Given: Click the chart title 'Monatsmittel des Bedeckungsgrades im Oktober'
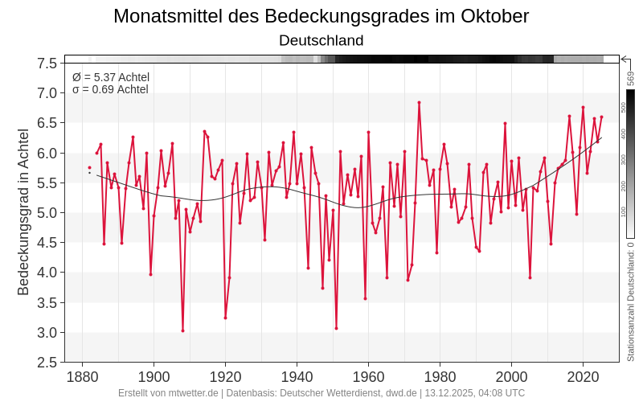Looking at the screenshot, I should (x=321, y=16).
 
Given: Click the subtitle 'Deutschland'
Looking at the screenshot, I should (x=321, y=40).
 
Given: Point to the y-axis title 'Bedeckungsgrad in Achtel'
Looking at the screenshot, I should (x=23, y=211).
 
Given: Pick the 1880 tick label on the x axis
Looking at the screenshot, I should (x=82, y=377).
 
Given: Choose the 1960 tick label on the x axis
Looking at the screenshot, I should (x=368, y=377).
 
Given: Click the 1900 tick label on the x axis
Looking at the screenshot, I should (x=154, y=377).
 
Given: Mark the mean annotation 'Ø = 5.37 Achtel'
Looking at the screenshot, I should (x=111, y=77).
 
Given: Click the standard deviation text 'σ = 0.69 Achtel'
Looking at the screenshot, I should (x=110, y=89).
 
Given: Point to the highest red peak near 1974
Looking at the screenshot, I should (x=419, y=102).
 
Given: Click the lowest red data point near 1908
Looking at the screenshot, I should (x=182, y=330).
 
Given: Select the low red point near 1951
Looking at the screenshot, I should (x=336, y=328).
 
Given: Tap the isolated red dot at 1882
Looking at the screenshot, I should (x=89, y=167).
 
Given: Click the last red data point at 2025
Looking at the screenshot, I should (x=601, y=117).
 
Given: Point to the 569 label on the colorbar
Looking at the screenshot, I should (x=631, y=78).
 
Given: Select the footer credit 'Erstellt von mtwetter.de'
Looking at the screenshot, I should (x=168, y=393).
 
